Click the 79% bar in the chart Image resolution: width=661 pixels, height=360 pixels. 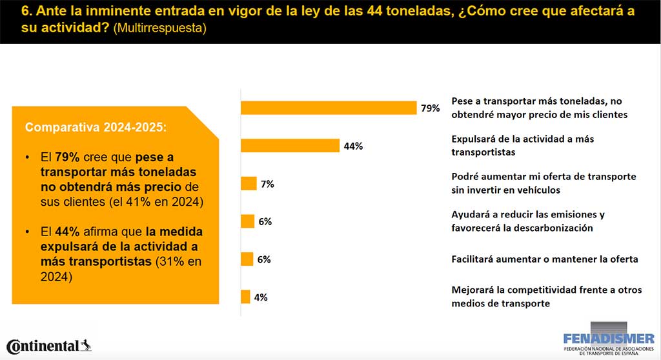pyautogui.click(x=329, y=108)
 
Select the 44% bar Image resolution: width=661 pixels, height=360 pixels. pyautogui.click(x=290, y=146)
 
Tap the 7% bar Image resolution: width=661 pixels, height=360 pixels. pyautogui.click(x=249, y=184)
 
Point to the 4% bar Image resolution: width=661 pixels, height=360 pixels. pyautogui.click(x=245, y=297)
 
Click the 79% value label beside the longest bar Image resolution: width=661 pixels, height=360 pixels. pyautogui.click(x=430, y=108)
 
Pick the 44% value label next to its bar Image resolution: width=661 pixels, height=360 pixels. pyautogui.click(x=353, y=146)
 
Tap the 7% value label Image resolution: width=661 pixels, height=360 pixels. pyautogui.click(x=267, y=184)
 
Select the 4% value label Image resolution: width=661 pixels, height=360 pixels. pyautogui.click(x=260, y=297)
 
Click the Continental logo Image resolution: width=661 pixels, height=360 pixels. pyautogui.click(x=48, y=346)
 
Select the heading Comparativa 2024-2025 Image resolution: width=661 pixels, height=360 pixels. pyautogui.click(x=96, y=127)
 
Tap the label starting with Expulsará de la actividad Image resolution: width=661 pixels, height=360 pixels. pyautogui.click(x=523, y=145)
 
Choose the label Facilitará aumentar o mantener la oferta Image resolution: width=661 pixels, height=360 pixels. pyautogui.click(x=545, y=259)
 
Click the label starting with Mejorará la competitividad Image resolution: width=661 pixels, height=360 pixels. pyautogui.click(x=547, y=297)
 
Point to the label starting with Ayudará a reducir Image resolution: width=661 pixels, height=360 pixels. pyautogui.click(x=528, y=221)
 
